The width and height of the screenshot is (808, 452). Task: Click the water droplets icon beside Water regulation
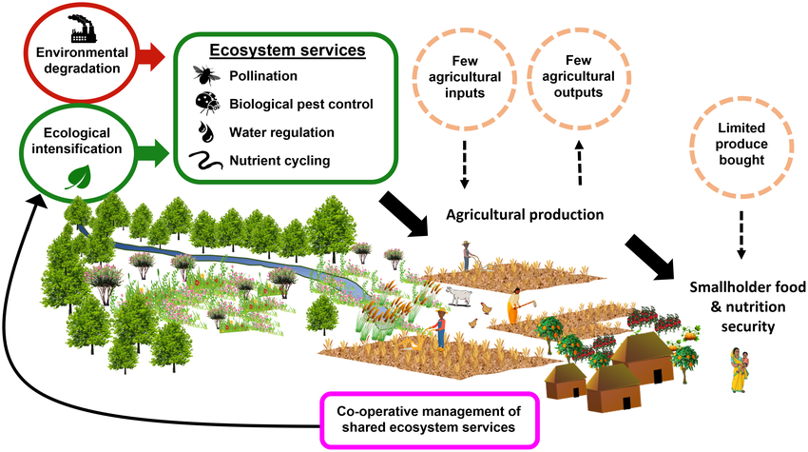206,130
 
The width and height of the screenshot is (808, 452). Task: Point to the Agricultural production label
525,214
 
